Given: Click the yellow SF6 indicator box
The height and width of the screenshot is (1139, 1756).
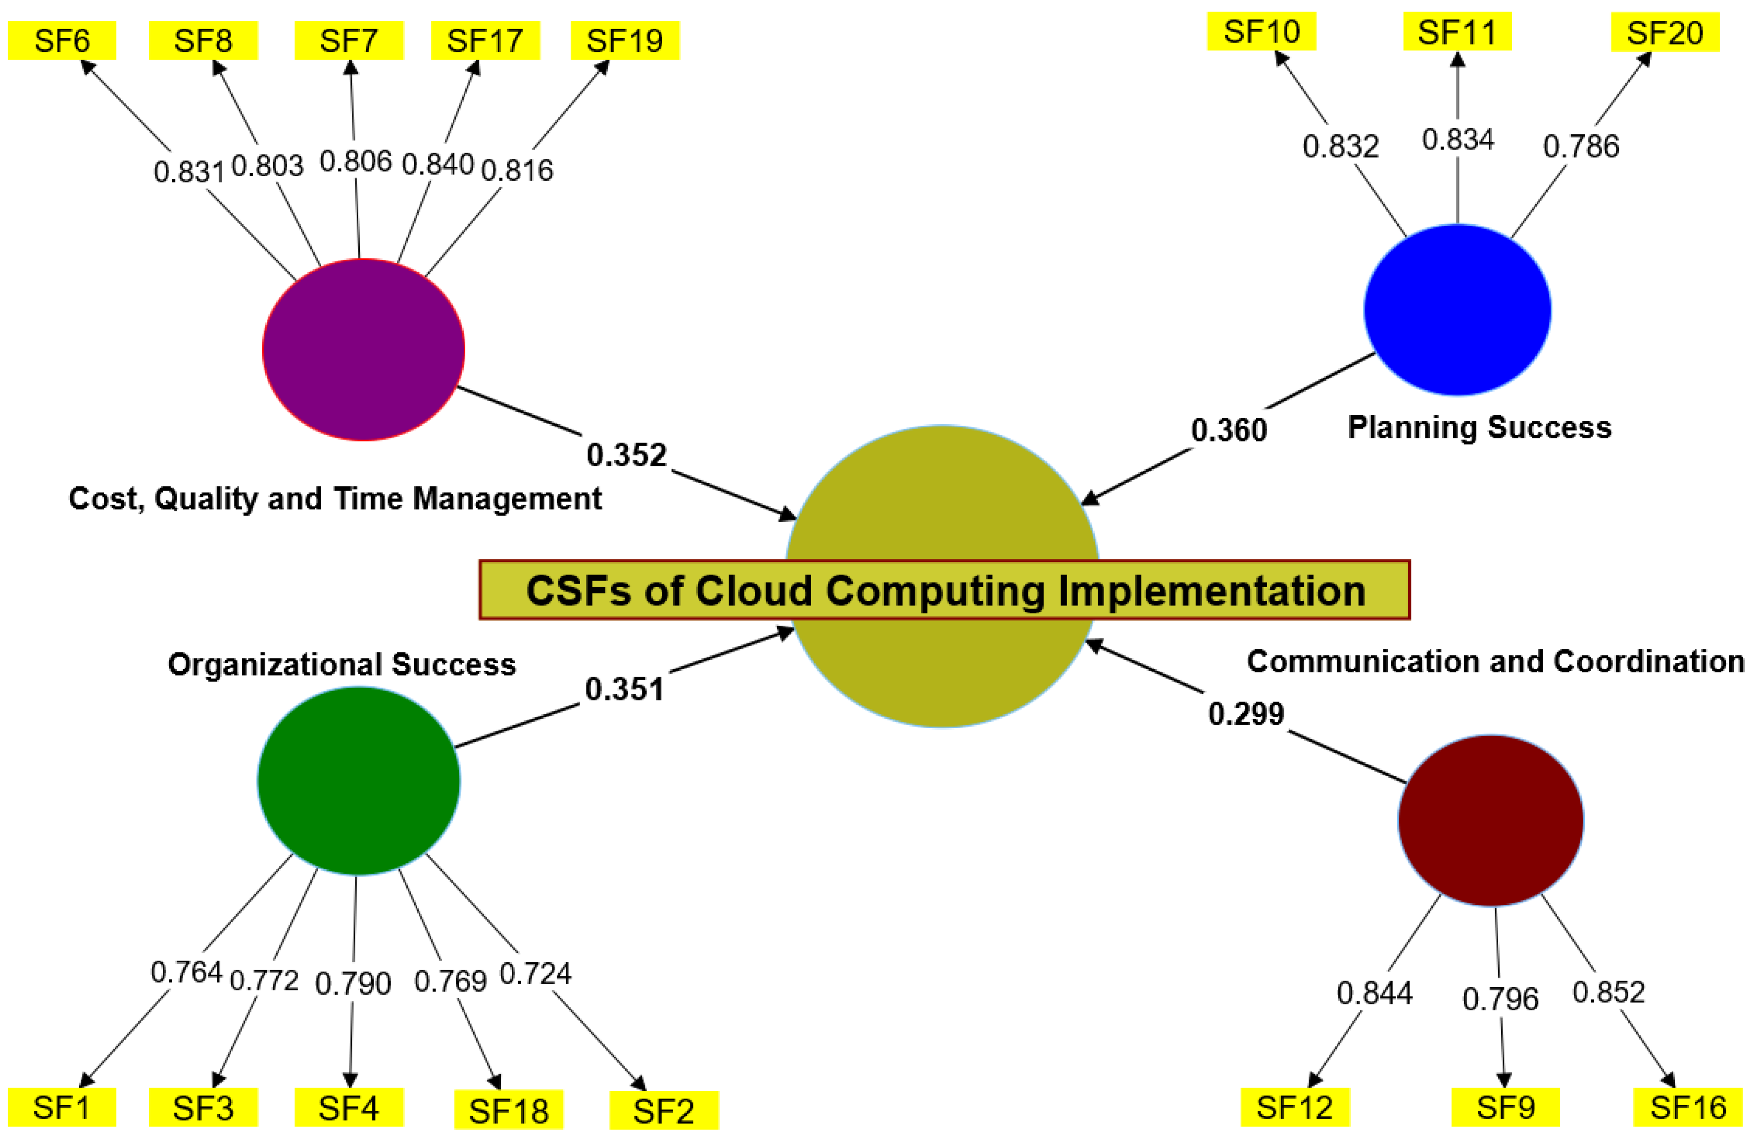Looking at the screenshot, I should [62, 41].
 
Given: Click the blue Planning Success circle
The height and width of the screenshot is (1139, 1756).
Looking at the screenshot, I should [1457, 310].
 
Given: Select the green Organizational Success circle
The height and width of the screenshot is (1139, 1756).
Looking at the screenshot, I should [359, 781].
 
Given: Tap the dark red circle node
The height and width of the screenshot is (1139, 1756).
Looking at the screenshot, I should [1490, 820].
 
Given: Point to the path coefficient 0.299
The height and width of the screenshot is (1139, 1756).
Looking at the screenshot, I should [1246, 713].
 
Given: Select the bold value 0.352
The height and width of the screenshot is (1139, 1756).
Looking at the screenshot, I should [627, 454].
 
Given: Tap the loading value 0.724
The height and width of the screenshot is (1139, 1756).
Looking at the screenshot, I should [536, 974].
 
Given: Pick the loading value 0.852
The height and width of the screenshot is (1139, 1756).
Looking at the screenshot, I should [1609, 992].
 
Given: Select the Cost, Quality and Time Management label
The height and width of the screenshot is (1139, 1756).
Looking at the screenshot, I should [335, 498].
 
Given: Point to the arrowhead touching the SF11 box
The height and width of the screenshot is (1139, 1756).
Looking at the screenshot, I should [1457, 59].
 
